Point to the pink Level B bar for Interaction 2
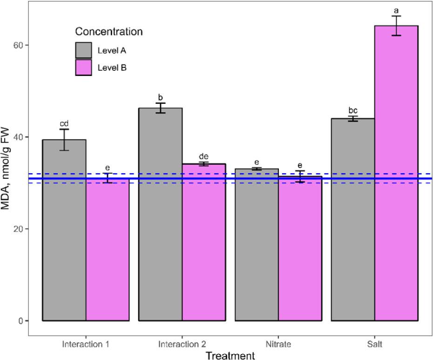[203, 242]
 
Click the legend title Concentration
[108, 32]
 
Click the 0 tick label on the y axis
[20, 321]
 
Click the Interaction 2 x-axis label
[182, 345]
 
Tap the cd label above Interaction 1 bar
[64, 123]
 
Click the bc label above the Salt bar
[353, 110]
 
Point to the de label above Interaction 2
[203, 156]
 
